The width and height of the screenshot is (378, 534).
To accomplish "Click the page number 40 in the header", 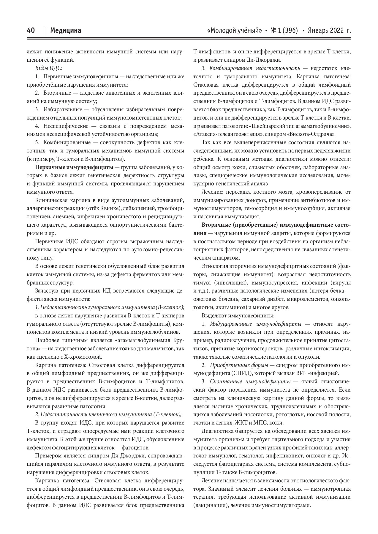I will coord(31,31).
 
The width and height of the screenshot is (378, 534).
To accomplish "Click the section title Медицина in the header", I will coord(66,31).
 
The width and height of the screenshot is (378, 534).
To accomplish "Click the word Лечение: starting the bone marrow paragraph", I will coord(212,192).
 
